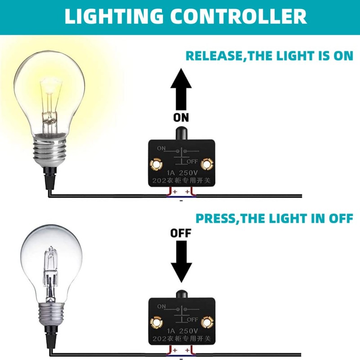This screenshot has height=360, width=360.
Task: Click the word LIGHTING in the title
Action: point(114,16)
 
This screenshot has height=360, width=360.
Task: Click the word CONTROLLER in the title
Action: point(238,16)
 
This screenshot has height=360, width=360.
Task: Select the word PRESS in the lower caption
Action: point(216,218)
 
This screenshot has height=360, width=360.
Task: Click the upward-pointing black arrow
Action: point(181,89)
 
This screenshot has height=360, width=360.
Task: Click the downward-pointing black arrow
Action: point(181,261)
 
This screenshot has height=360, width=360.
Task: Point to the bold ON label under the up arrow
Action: point(181,117)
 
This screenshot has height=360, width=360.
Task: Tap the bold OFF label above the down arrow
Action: point(181,233)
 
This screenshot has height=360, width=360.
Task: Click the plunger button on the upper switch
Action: point(182,133)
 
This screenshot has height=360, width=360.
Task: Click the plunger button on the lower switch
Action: point(182,294)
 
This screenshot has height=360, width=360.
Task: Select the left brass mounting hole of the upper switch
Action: point(156,164)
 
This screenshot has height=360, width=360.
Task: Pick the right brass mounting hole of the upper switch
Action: point(207,164)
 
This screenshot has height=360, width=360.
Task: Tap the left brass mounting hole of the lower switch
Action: point(156,323)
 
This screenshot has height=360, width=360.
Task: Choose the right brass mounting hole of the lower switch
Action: point(207,323)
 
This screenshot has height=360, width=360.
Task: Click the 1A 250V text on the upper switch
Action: point(182,173)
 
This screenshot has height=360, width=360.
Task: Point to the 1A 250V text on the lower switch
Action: point(182,331)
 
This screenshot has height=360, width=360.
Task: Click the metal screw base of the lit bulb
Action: point(49,150)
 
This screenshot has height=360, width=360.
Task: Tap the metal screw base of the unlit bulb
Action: point(51,314)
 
